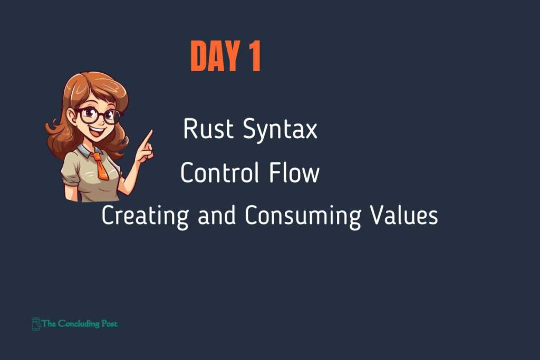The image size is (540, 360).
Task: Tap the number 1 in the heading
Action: (x=255, y=56)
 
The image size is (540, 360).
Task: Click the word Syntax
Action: (x=280, y=130)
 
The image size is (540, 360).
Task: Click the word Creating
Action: (x=145, y=216)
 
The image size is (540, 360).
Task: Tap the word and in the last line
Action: (x=217, y=215)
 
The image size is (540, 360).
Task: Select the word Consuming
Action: (x=303, y=216)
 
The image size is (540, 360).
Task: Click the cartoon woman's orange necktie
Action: (x=100, y=166)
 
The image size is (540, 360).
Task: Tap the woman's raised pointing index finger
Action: (x=148, y=138)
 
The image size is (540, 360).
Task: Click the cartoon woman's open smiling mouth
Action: (x=98, y=132)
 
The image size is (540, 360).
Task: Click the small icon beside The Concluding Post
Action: (x=36, y=324)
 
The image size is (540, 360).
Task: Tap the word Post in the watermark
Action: (x=110, y=324)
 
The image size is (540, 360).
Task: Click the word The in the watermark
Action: (x=49, y=324)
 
